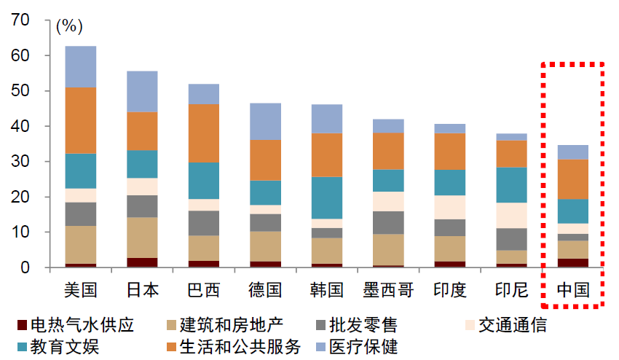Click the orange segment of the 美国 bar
tap(80, 120)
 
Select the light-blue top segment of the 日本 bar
tap(142, 91)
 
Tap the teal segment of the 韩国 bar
tap(328, 197)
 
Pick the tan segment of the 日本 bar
tap(142, 237)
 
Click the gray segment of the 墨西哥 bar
tap(389, 222)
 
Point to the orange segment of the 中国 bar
tap(573, 179)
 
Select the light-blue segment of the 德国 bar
tap(265, 121)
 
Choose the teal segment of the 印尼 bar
tap(512, 184)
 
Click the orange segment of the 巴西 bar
tap(204, 133)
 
